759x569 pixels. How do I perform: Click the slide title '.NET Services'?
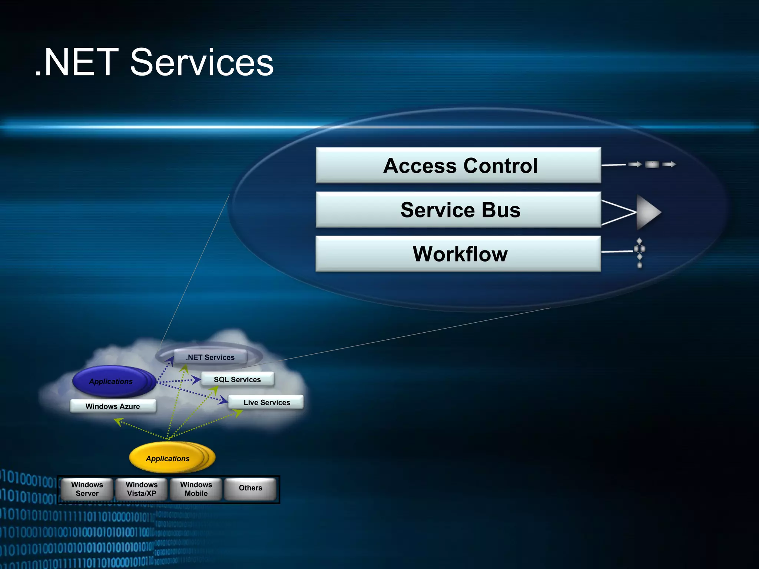[154, 63]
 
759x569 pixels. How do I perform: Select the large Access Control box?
[458, 165]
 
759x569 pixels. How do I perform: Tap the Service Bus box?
[458, 210]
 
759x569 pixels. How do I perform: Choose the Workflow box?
[458, 254]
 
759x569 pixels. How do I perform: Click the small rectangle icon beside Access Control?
[652, 164]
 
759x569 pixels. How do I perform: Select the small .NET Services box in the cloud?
[210, 357]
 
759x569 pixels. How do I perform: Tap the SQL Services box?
[237, 380]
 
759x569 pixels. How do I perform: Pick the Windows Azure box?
[113, 406]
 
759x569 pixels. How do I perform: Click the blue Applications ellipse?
[111, 381]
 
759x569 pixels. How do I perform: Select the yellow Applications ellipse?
[168, 458]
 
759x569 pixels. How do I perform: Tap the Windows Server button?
[87, 489]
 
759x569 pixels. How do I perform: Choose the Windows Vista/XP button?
[142, 489]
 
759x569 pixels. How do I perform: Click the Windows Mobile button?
[196, 489]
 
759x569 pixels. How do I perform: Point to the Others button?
[251, 488]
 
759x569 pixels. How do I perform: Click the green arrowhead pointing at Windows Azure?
[118, 422]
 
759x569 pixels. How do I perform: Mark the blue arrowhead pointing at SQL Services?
[196, 380]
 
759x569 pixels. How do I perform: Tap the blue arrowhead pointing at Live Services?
[223, 400]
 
